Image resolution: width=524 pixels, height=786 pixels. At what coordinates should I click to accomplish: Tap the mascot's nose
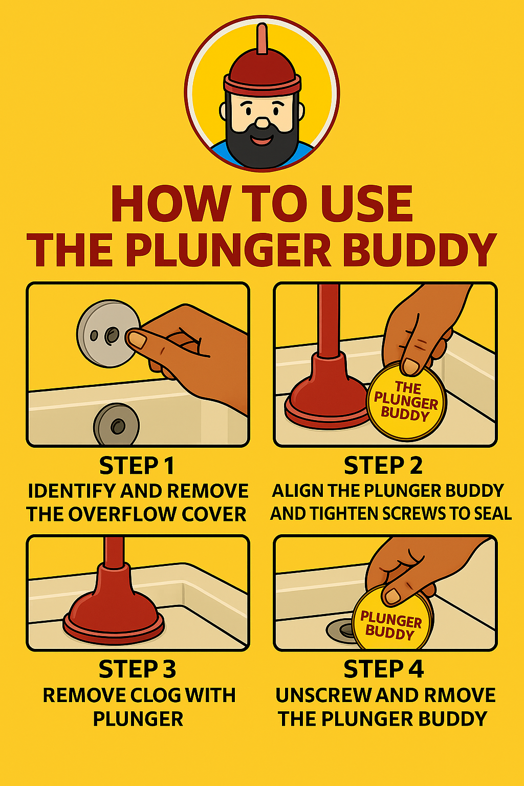click(x=262, y=122)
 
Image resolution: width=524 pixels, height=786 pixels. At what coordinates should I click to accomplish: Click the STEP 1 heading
click(x=137, y=466)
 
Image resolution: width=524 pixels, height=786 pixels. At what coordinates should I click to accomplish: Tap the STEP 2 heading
click(x=383, y=466)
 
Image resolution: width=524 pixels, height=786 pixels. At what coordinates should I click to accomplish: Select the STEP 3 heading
click(x=137, y=669)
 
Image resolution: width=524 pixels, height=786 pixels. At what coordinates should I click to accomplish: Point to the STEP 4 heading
click(x=383, y=669)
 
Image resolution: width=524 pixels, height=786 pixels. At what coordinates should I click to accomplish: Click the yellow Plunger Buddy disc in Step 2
click(x=406, y=402)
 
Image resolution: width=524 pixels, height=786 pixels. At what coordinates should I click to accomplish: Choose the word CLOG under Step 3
click(x=155, y=695)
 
